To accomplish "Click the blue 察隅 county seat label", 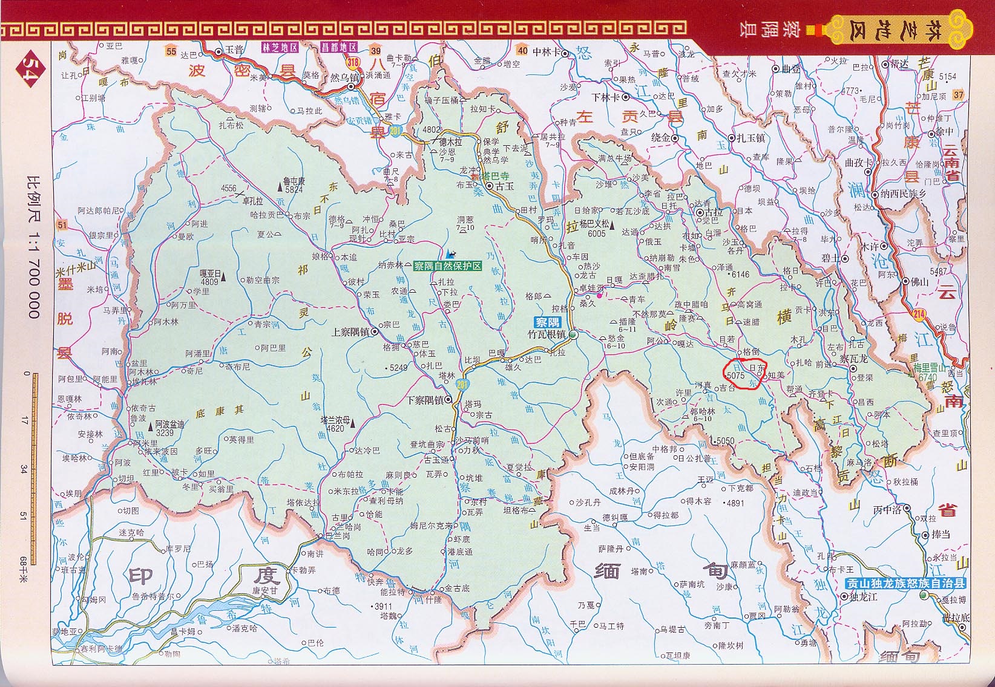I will coord(547,322).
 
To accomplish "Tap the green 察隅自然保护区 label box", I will coord(448,265).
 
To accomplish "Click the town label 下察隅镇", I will coord(424,400).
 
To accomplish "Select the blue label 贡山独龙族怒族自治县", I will coord(905,584).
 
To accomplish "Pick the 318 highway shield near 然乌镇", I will coord(353,62).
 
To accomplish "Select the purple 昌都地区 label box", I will coord(340,47).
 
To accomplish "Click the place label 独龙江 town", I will coord(861,596).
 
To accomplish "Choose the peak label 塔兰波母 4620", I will coord(334,424).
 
